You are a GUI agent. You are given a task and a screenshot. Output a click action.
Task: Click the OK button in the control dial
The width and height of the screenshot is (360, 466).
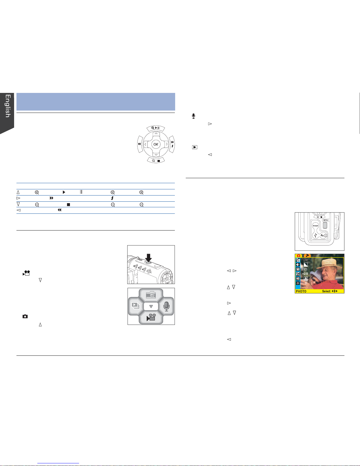point(156,144)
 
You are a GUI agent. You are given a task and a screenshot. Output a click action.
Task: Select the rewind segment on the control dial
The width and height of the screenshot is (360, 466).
point(140,144)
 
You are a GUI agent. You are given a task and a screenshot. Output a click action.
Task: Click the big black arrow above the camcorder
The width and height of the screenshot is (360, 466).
point(148,257)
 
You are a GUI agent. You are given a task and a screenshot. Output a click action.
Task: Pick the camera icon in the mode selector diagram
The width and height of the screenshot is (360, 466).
point(151,295)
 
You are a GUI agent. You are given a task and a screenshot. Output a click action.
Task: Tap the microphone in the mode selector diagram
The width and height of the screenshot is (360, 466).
point(167,306)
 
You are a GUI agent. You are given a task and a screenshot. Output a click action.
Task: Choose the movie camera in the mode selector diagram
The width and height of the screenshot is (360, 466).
point(151,317)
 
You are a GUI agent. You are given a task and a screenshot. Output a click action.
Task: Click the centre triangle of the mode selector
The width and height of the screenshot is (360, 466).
point(151,306)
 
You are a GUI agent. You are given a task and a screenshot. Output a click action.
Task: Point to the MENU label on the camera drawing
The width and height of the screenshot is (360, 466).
point(326,220)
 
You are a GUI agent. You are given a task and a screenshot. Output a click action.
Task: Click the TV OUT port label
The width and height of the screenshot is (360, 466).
point(315,226)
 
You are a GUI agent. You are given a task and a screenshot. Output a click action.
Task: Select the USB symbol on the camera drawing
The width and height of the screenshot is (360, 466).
point(315,235)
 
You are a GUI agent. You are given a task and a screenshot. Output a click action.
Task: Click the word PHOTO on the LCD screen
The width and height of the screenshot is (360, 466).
point(301,291)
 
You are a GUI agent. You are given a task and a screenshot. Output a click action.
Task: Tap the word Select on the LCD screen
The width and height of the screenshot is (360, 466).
point(326,291)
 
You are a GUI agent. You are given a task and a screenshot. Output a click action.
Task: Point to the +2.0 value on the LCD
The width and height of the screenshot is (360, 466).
point(305,274)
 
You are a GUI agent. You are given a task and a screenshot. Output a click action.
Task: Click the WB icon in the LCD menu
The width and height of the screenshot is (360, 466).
point(298,278)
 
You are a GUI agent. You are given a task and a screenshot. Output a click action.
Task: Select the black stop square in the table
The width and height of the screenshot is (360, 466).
point(68,205)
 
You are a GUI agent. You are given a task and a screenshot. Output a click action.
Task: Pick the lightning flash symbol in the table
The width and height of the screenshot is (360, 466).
point(112,198)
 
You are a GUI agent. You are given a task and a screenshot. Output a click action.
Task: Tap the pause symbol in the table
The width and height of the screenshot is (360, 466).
point(81,192)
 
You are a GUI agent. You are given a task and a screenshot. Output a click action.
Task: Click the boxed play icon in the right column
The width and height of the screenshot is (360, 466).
point(195,147)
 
